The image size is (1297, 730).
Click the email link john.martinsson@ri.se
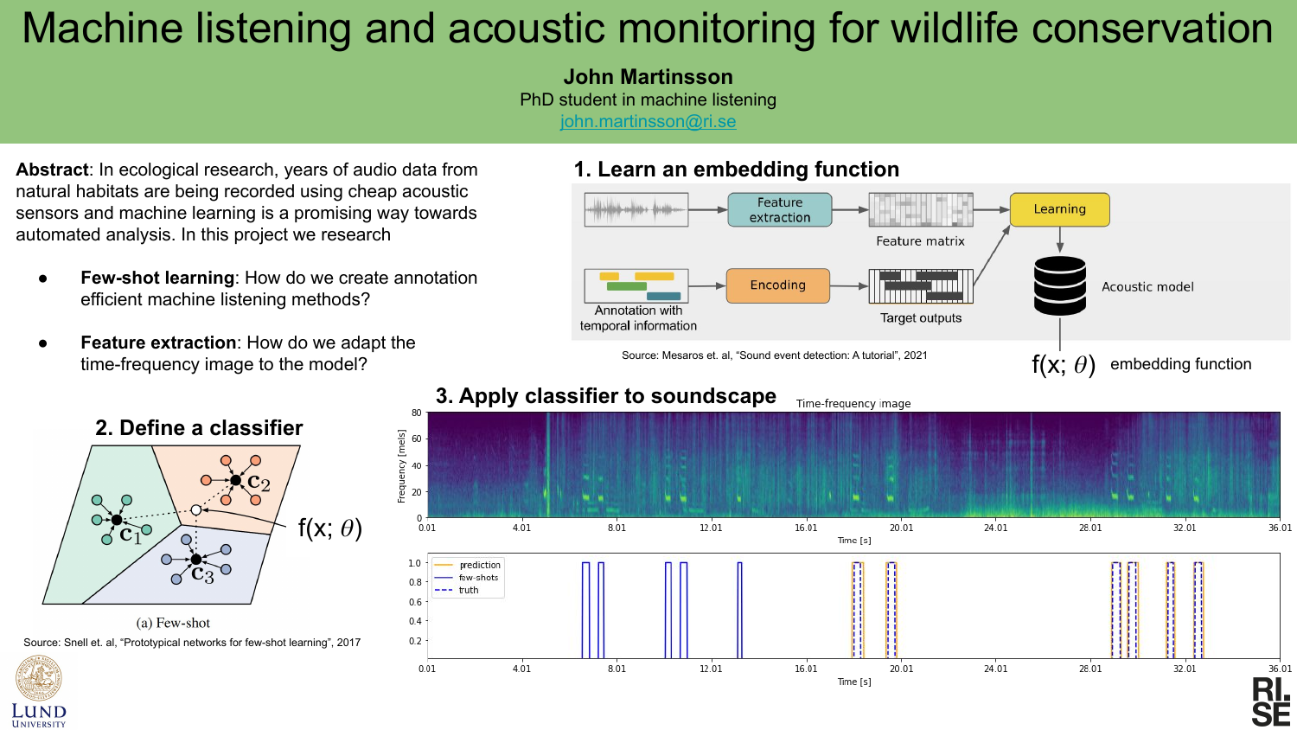click(x=648, y=122)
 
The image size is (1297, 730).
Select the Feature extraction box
click(x=779, y=209)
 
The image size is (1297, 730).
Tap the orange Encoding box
click(x=777, y=285)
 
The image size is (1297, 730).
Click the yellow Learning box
click(x=1059, y=209)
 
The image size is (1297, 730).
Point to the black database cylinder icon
click(x=1059, y=285)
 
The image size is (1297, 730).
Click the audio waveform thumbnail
click(x=636, y=209)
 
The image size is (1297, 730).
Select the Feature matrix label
click(x=920, y=241)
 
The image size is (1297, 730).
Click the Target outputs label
click(x=921, y=318)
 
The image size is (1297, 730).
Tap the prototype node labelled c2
click(x=236, y=480)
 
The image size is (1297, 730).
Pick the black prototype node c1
click(x=117, y=521)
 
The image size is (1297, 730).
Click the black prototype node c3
click(x=195, y=559)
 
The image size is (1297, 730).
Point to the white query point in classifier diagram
click(x=195, y=510)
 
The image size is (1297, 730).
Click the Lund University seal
click(x=39, y=678)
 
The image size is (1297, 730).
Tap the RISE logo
click(x=1272, y=701)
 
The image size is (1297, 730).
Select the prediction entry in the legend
click(x=468, y=565)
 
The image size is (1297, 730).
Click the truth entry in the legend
click(x=457, y=591)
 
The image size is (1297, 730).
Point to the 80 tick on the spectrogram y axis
click(x=416, y=413)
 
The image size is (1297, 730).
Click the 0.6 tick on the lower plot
click(x=414, y=602)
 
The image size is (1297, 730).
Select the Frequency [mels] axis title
click(x=402, y=466)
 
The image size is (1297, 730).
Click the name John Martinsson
click(x=648, y=76)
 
